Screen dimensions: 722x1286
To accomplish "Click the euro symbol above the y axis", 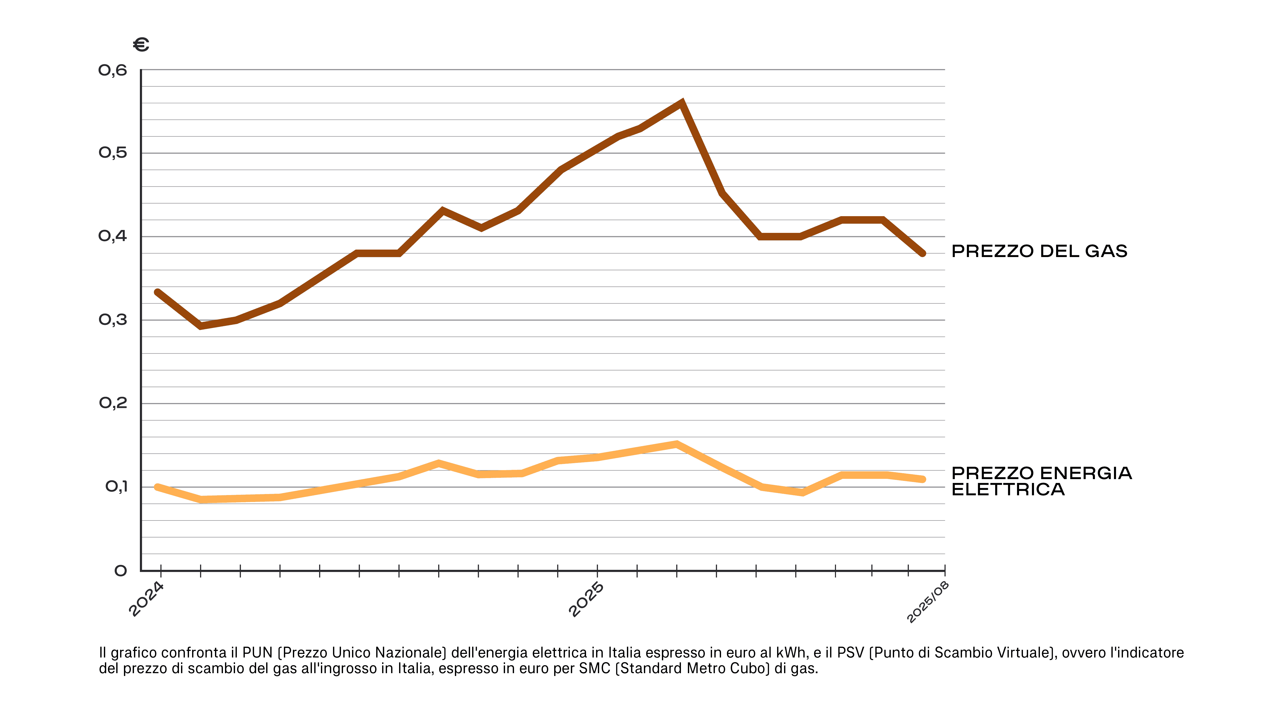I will tap(141, 45).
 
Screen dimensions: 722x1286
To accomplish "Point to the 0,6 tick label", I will tap(113, 70).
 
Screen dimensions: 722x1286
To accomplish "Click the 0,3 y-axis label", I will tap(113, 320).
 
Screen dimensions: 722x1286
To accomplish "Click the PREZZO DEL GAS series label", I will tap(1039, 251).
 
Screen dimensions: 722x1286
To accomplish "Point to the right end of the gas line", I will tap(923, 253).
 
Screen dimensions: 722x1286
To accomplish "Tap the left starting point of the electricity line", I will tap(158, 487).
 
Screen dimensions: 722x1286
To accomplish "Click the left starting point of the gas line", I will tap(158, 293).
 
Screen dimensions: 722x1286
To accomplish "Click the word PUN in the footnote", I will tap(257, 653).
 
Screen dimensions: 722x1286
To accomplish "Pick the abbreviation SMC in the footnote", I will tap(595, 668).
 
